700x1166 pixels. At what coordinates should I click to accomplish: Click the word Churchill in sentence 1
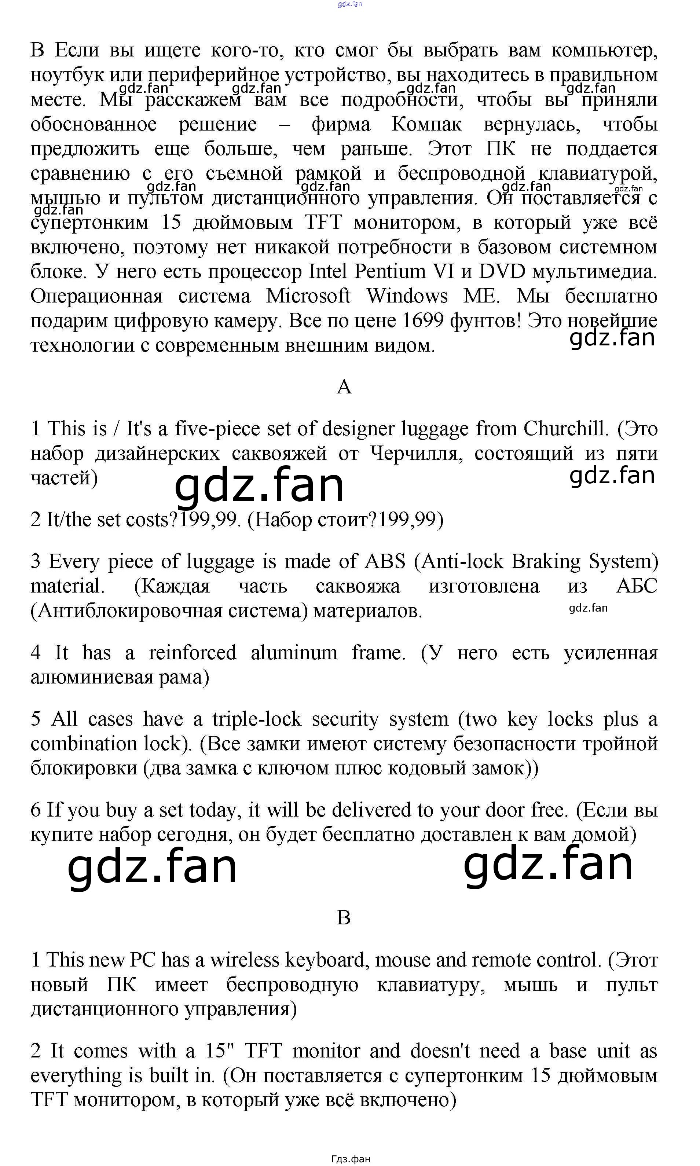pyautogui.click(x=564, y=429)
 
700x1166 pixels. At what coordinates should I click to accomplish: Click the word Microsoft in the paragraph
pyautogui.click(x=308, y=296)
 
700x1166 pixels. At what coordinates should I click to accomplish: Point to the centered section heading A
pyautogui.click(x=344, y=387)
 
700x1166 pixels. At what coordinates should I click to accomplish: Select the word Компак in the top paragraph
pyautogui.click(x=426, y=125)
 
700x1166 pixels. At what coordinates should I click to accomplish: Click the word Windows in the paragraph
pyautogui.click(x=407, y=296)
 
